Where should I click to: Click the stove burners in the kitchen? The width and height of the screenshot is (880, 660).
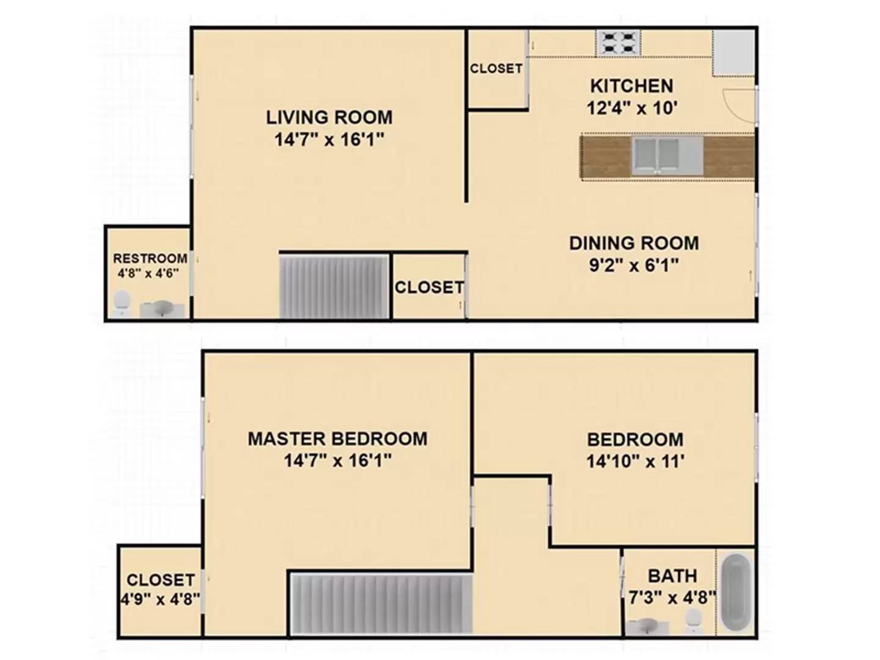coord(618,43)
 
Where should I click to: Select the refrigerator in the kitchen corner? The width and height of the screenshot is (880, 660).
coord(733,53)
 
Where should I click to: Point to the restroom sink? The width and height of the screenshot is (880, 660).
coord(161,310)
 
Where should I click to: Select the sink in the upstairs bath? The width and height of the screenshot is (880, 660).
coord(647,627)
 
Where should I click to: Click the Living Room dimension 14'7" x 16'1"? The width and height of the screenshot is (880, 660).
coord(329,139)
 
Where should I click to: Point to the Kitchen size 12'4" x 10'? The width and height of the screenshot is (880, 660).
coord(632,108)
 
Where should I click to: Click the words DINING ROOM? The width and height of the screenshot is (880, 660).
coord(634,243)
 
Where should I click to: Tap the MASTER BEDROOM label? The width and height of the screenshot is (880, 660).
coord(337,439)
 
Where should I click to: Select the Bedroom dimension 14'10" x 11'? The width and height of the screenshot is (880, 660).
coord(635,461)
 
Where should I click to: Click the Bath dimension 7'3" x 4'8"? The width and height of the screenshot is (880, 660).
coord(672,598)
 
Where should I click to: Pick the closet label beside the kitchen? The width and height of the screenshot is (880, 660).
coord(496,68)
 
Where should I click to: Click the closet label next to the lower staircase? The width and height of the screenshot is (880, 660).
coord(430,287)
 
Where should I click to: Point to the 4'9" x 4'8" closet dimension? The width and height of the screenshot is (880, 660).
coord(160,599)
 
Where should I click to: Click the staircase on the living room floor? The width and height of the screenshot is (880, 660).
coord(334,287)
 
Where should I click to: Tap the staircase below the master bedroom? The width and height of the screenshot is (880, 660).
coord(381,604)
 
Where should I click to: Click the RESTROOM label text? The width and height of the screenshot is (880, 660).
coord(150,258)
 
